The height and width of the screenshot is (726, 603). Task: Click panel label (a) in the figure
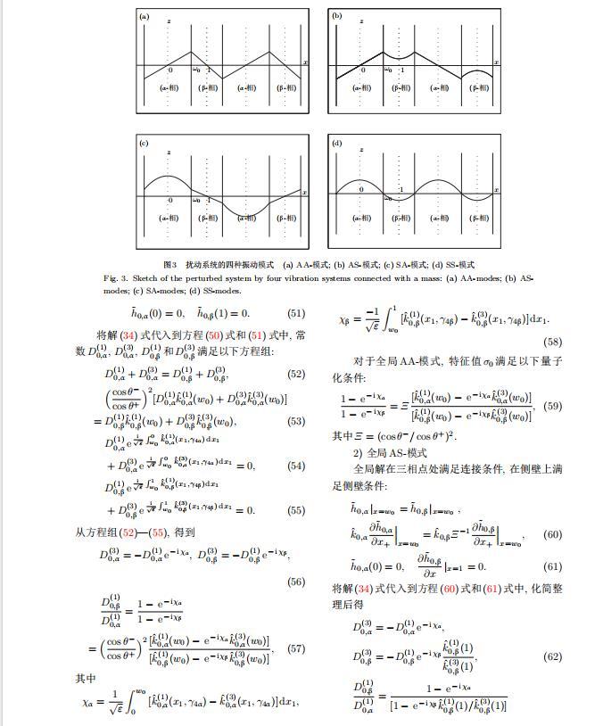click(144, 16)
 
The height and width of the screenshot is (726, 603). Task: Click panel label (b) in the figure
click(337, 16)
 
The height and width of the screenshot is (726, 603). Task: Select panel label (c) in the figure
click(144, 143)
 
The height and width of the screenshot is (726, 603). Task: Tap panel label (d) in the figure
click(337, 143)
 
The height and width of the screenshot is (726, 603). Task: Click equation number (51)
click(296, 313)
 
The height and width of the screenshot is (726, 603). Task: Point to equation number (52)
click(296, 375)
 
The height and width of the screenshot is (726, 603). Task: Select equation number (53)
click(296, 422)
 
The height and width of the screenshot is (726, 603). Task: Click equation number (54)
click(296, 466)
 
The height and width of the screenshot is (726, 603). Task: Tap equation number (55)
click(296, 510)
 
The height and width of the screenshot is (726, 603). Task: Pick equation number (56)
click(296, 582)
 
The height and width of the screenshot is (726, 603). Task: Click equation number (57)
click(296, 648)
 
